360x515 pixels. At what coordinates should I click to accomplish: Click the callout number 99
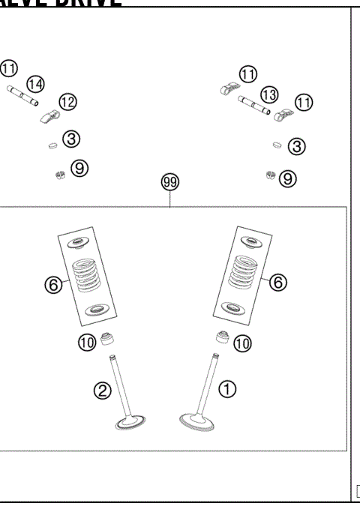[x=170, y=182]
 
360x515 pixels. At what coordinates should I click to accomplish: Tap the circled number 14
[x=34, y=84]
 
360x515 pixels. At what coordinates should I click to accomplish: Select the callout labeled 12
[x=67, y=102]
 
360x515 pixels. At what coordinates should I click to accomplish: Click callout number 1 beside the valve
[x=228, y=388]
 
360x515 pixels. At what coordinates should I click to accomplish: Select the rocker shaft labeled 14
[x=23, y=97]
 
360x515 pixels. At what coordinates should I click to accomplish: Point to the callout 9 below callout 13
[x=289, y=178]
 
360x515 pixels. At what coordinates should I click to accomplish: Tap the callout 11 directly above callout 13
[x=248, y=73]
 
